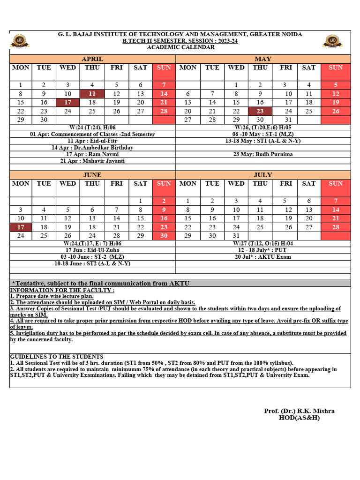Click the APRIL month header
pos(92,59)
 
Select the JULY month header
pos(263,175)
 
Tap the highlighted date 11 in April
pos(92,94)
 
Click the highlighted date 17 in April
pos(67,102)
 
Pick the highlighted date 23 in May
pos(260,111)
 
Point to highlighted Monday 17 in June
pos(21,227)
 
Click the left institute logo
pos(20,41)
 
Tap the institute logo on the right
pos(332,41)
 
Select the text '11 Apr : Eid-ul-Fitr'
pos(92,141)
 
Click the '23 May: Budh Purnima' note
pos(263,154)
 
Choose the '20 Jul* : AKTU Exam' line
pos(263,257)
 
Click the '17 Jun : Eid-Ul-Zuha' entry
pos(92,250)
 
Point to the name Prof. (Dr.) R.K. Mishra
pos(299,411)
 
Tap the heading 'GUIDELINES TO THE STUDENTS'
pos(57,357)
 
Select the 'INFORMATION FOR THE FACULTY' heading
pos(56,290)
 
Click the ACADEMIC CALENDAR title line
pos(180,47)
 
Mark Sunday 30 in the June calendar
pos(164,236)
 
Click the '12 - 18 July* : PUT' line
pos(263,250)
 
